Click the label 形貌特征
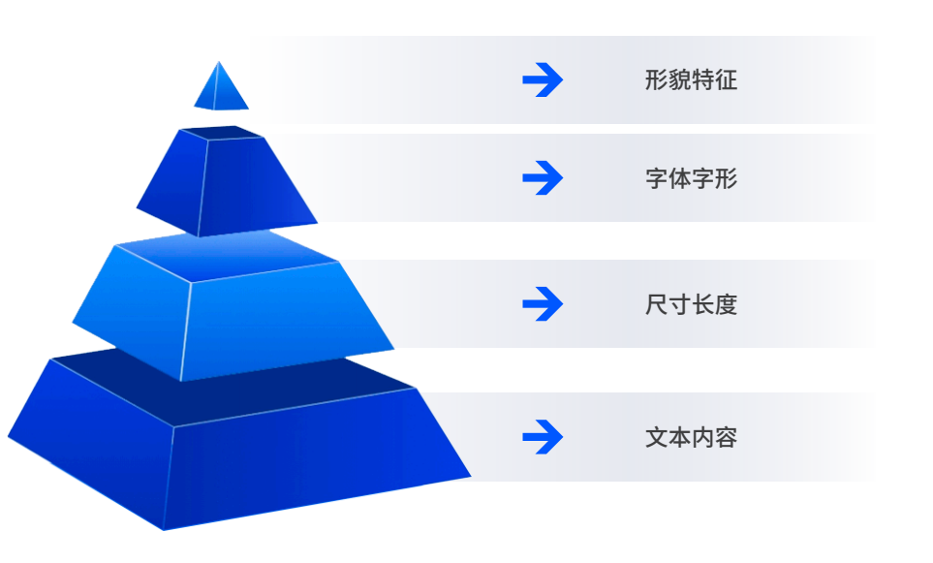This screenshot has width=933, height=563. [692, 79]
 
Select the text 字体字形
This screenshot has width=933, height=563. [692, 178]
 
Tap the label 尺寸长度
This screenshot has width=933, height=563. [692, 304]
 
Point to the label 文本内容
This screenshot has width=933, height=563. [692, 437]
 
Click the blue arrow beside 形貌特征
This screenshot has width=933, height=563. [543, 79]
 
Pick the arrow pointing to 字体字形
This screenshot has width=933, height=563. [543, 178]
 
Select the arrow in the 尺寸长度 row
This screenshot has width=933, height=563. [543, 304]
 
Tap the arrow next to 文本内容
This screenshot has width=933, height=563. [543, 437]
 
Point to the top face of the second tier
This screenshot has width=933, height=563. [221, 132]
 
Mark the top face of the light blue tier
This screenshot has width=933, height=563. [226, 256]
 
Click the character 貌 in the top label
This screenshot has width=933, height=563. [680, 79]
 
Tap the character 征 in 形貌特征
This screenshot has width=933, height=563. [727, 79]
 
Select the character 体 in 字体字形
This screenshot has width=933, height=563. [680, 178]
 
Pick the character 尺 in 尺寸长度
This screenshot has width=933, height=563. [657, 304]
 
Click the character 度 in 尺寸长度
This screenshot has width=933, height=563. [727, 304]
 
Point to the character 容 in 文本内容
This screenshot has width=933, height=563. [727, 437]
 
